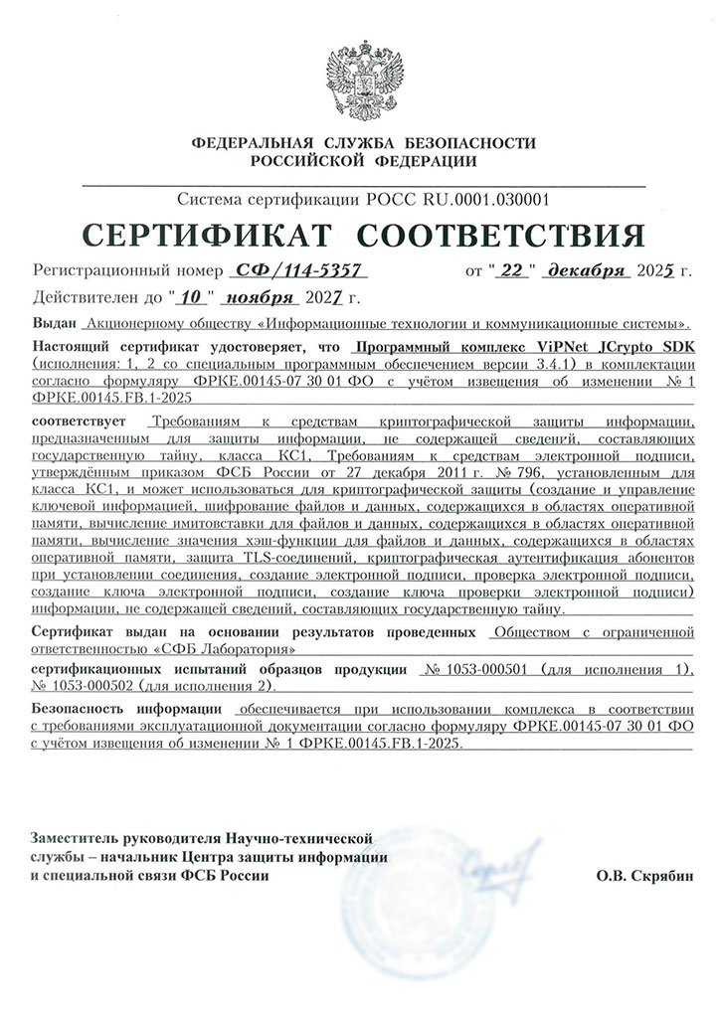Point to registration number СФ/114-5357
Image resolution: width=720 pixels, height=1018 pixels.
pyautogui.click(x=298, y=270)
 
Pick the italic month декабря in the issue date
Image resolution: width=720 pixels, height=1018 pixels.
pyautogui.click(x=588, y=270)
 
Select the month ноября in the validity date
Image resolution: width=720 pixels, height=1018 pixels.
pyautogui.click(x=261, y=296)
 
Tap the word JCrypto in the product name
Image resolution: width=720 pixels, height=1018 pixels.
pyautogui.click(x=627, y=348)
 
